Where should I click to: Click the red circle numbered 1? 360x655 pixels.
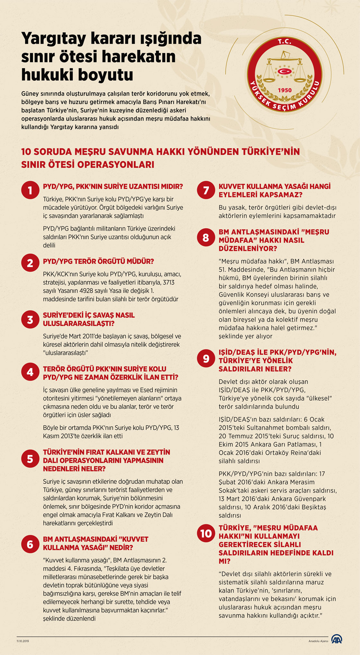tap(30, 190)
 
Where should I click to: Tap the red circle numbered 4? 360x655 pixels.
tap(30, 372)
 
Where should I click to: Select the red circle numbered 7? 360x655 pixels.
tap(206, 190)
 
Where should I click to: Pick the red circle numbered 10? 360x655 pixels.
tap(206, 533)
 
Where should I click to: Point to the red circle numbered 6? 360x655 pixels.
tap(30, 544)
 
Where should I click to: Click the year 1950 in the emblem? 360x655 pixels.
tap(285, 90)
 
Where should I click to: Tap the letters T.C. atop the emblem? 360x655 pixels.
tap(284, 41)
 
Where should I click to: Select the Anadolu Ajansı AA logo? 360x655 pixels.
tap(337, 639)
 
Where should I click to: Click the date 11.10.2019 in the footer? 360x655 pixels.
tap(23, 641)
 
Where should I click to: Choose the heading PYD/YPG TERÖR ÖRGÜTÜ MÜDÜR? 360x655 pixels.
tap(98, 261)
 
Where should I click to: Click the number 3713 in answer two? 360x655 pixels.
tap(169, 282)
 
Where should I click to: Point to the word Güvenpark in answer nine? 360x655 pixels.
tap(308, 499)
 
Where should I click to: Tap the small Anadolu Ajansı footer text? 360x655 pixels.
tap(318, 641)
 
